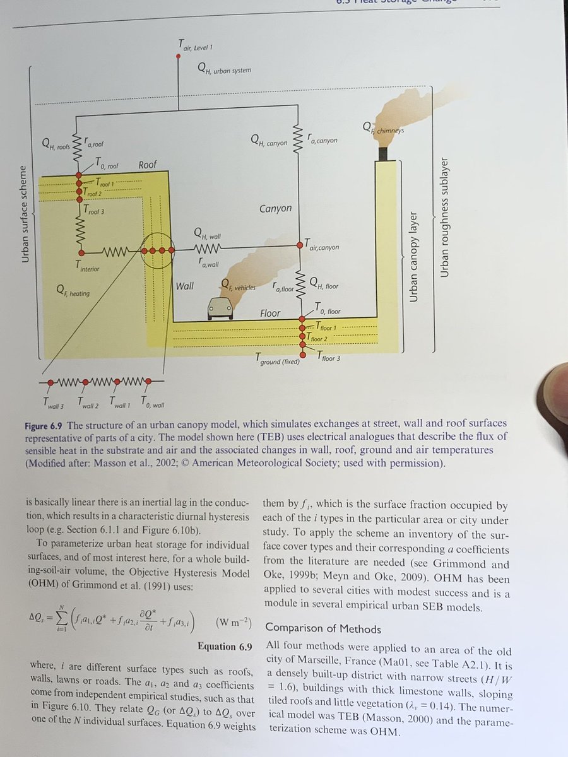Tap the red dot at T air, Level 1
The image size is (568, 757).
(179, 56)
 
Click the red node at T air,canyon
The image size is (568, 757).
(300, 245)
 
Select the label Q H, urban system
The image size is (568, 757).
(223, 69)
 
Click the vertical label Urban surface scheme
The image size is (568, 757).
(25, 205)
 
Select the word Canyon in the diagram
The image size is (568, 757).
(276, 209)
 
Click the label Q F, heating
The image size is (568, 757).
(73, 292)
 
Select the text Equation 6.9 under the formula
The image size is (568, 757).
(225, 647)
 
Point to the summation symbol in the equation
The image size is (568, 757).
(63, 624)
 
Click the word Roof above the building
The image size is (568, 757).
(148, 165)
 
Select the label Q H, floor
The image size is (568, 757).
(324, 286)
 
